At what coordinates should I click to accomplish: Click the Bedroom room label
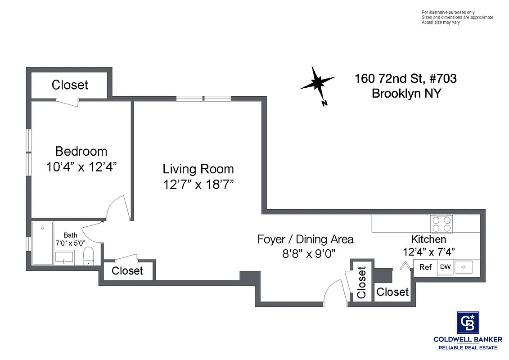click(x=81, y=151)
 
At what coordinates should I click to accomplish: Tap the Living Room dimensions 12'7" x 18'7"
click(x=198, y=184)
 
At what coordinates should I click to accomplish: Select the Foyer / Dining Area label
click(x=305, y=239)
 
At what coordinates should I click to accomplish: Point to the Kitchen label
click(x=428, y=239)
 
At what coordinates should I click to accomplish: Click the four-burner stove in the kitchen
click(x=441, y=224)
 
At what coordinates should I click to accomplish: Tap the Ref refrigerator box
click(x=425, y=267)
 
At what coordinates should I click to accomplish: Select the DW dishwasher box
click(x=445, y=267)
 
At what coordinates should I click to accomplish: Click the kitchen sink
click(x=464, y=267)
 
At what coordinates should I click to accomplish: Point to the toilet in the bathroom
click(x=89, y=256)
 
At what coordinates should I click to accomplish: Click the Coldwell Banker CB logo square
click(x=468, y=322)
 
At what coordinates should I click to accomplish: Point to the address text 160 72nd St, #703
click(x=405, y=79)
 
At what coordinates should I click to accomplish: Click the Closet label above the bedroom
click(x=70, y=85)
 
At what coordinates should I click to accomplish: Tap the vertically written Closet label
click(x=361, y=283)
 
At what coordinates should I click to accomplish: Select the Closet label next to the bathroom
click(x=127, y=270)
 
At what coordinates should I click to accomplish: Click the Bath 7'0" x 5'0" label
click(x=70, y=239)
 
